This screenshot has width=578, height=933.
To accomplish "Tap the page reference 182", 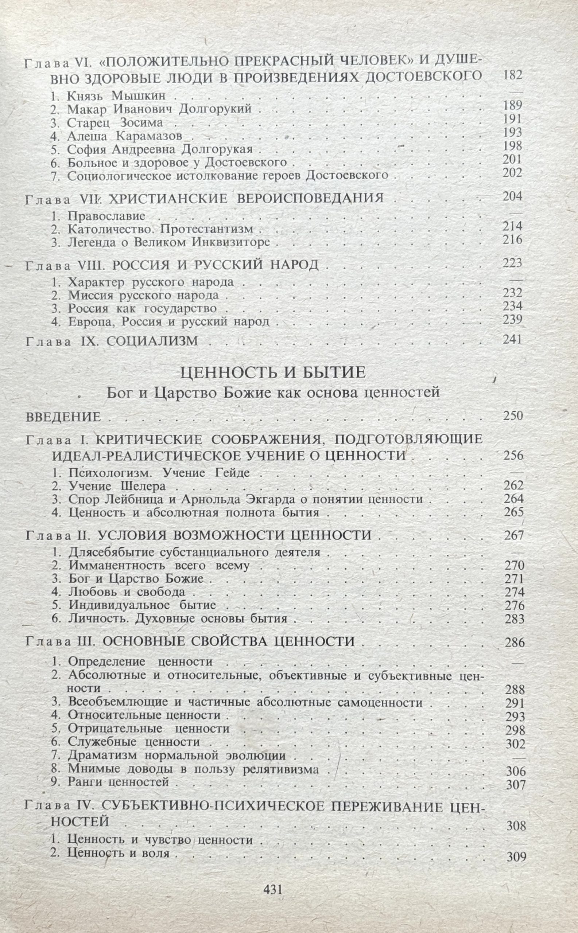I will (x=512, y=75).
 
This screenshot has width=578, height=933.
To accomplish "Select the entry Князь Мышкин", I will (x=116, y=96).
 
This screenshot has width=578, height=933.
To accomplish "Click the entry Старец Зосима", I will (x=115, y=123).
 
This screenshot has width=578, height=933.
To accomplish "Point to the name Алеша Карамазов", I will (x=125, y=136).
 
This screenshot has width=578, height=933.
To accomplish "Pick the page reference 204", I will (x=512, y=196).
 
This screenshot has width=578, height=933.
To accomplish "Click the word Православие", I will (x=106, y=216).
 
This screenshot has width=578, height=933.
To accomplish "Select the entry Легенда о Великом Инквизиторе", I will (x=168, y=243).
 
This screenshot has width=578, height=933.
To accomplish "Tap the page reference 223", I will (x=512, y=263).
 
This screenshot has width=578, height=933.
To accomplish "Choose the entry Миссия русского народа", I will (x=143, y=295).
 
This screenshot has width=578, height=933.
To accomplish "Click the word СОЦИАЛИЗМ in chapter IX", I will (x=152, y=341).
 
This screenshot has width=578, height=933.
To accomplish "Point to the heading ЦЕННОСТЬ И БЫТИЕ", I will (x=272, y=372).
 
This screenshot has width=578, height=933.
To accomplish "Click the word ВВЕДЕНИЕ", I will (x=63, y=417).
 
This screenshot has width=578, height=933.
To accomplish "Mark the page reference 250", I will (x=513, y=416).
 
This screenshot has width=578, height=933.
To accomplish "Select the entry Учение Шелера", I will (x=117, y=487).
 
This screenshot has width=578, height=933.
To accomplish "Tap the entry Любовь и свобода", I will (x=127, y=592).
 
